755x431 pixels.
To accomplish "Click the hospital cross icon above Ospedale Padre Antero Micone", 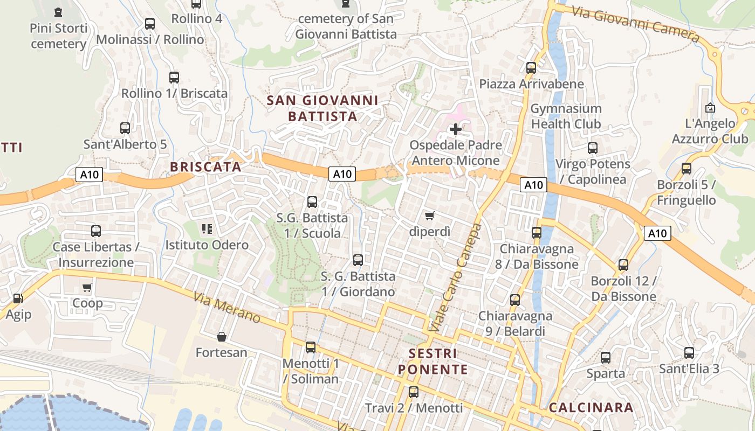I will pos(456,129).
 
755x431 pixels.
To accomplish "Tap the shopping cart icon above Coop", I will pos(87,287).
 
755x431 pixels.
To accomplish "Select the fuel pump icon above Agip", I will pos(18,298).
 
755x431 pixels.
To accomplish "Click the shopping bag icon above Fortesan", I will pos(221,337).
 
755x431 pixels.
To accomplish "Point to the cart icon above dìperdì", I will pos(429,216).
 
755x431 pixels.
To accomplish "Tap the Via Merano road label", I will pos(226,308).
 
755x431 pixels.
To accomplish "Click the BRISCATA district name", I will pos(205,167).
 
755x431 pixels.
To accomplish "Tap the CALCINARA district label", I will pos(591,408).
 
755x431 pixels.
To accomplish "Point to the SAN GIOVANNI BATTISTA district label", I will pos(322,108).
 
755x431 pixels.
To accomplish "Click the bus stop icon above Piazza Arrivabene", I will pos(531,68).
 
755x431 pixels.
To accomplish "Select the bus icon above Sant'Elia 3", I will pos(689,353).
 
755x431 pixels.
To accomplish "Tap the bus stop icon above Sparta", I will pos(606,357).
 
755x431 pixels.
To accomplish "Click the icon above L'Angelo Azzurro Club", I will pos(710,107).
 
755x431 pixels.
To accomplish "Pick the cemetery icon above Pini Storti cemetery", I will pos(58,12).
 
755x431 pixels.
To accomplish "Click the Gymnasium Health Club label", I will pos(566,116).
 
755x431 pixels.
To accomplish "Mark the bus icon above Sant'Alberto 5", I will pos(125,128).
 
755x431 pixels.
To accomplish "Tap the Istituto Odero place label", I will pos(207,245).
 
